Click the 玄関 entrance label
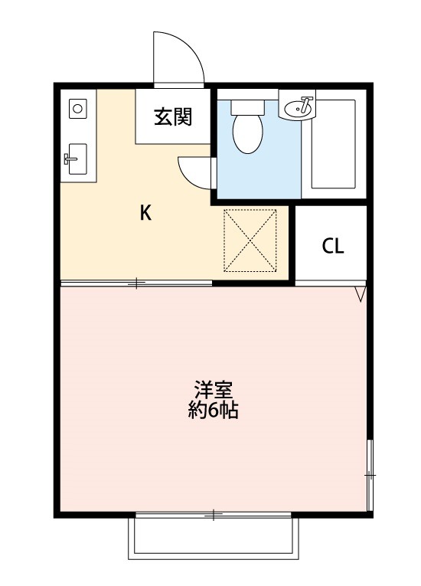point(172,117)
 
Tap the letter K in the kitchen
point(145,214)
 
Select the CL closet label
point(333,247)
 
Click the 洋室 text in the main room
point(214,390)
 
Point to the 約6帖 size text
point(214,411)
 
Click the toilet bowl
point(246,133)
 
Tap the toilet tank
point(246,106)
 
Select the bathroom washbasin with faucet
point(299,108)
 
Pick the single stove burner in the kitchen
point(77,109)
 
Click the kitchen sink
point(77,159)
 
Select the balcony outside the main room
point(214,541)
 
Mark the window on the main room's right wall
point(370,476)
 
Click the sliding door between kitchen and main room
point(136,283)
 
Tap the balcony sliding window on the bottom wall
point(214,514)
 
